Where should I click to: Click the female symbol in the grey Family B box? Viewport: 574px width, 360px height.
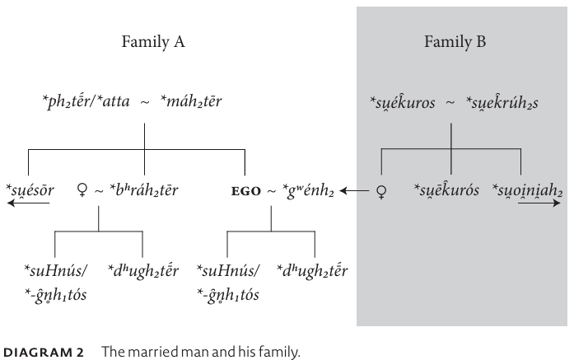tap(380, 192)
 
